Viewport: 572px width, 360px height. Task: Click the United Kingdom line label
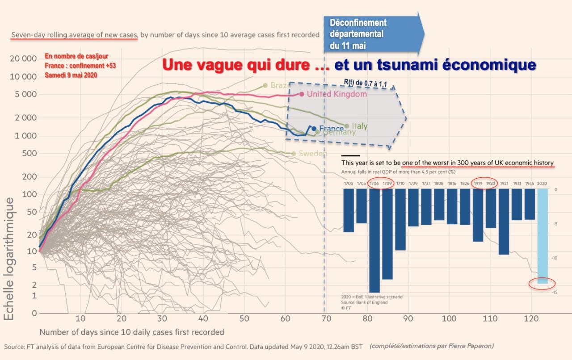(336, 94)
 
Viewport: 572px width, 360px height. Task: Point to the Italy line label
(359, 126)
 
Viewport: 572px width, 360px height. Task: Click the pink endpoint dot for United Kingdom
(302, 94)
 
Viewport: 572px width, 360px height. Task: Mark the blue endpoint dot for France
(314, 129)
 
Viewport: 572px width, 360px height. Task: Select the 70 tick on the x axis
(326, 318)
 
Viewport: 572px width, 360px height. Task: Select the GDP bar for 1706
(374, 240)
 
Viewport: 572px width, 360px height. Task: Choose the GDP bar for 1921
(504, 221)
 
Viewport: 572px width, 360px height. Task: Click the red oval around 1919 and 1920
(485, 183)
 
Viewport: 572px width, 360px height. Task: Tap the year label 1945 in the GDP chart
(529, 184)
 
